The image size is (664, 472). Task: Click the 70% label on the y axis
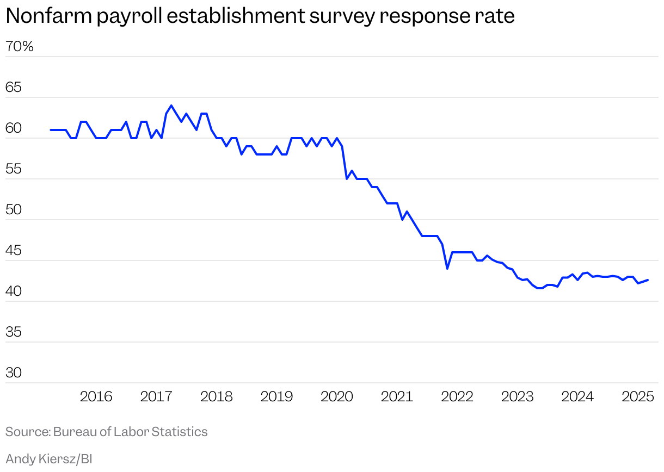(x=20, y=47)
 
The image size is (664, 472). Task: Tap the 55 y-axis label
(x=13, y=170)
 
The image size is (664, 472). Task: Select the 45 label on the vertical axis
(x=13, y=251)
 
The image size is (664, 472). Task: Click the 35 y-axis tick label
(x=13, y=333)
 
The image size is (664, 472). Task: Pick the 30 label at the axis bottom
(x=13, y=374)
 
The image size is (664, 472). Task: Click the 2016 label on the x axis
(x=96, y=397)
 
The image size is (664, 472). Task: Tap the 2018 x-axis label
(x=217, y=397)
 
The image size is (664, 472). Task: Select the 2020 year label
(x=337, y=397)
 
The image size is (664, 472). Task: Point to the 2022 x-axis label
(x=457, y=397)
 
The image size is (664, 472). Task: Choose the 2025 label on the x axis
(x=637, y=397)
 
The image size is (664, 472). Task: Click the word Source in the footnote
(x=27, y=432)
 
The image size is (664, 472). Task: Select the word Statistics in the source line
(x=180, y=432)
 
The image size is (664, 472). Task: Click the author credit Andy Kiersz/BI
(x=49, y=459)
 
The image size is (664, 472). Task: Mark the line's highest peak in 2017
(x=171, y=105)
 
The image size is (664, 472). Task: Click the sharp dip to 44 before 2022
(x=447, y=269)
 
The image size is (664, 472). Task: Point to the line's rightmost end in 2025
(x=648, y=280)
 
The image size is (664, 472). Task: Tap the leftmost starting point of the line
(x=51, y=130)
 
